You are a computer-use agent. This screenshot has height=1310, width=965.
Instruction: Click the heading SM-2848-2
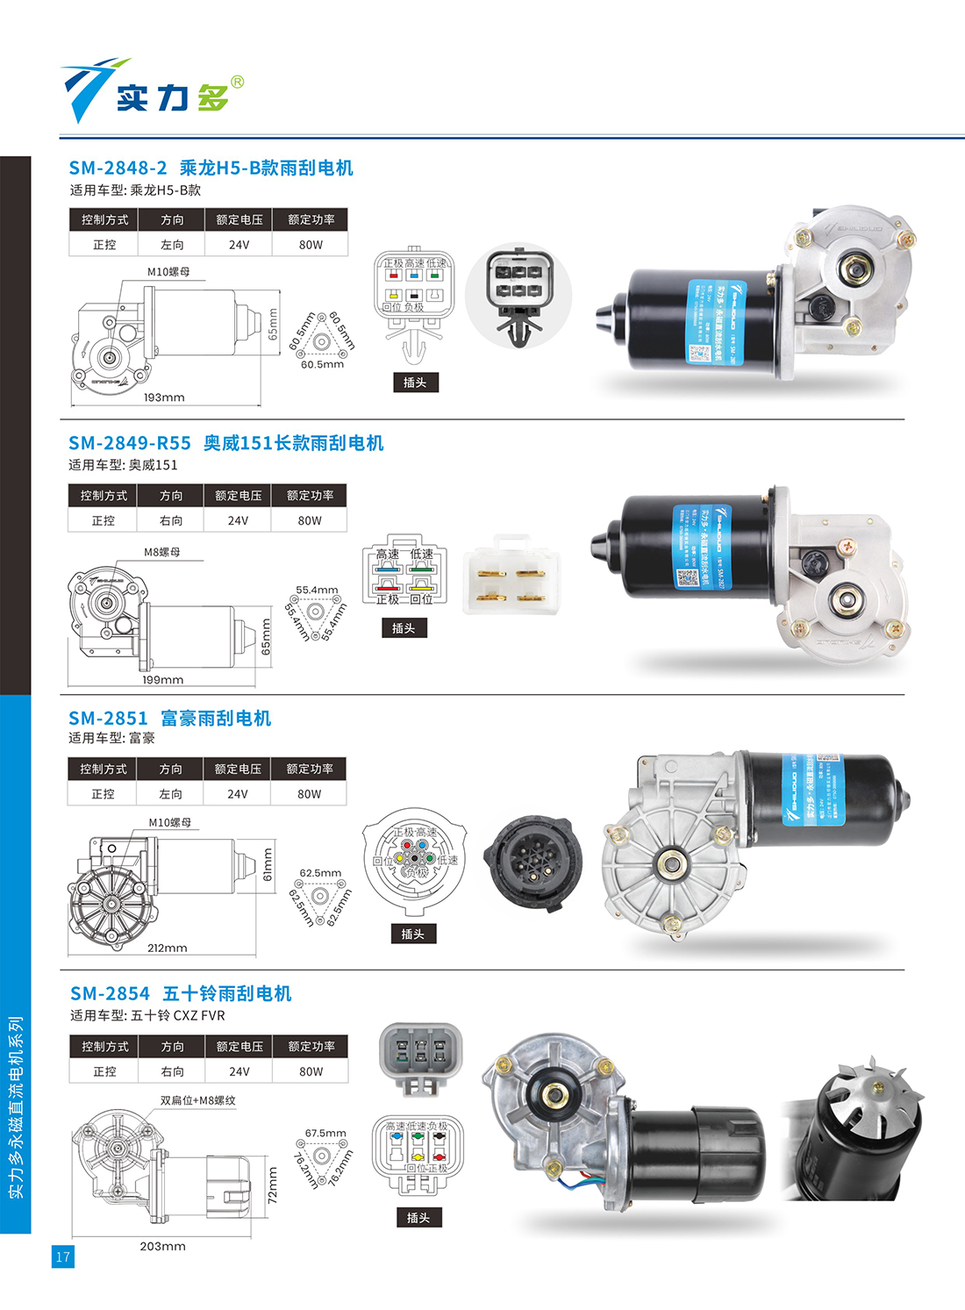[118, 168]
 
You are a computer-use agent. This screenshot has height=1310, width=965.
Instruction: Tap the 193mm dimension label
[164, 397]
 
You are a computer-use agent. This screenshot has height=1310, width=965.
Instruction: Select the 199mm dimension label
[163, 680]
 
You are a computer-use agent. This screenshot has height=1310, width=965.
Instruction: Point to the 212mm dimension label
[167, 948]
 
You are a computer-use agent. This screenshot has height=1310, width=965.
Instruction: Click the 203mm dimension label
[162, 1246]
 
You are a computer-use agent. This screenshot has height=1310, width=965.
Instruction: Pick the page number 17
[62, 1256]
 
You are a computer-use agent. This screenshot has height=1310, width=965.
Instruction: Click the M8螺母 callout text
[162, 552]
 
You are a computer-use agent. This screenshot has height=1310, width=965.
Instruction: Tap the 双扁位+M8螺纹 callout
[197, 1100]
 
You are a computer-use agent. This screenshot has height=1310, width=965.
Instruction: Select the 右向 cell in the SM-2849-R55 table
[171, 520]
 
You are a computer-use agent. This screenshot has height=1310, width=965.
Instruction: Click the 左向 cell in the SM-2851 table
[170, 793]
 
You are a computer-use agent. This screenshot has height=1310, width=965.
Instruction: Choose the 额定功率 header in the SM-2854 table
[311, 1046]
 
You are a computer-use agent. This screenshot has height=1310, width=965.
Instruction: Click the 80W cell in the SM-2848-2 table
[311, 245]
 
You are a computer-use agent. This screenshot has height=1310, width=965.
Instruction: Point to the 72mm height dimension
[272, 1185]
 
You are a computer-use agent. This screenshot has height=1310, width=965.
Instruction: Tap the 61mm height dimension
[268, 865]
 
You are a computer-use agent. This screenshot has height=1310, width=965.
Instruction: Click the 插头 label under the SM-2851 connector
[412, 934]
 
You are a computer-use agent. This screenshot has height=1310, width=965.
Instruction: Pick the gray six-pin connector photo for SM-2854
[420, 1056]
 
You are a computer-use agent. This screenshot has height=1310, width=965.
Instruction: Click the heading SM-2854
[110, 993]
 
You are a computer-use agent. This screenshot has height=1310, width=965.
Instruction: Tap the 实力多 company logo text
[173, 97]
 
